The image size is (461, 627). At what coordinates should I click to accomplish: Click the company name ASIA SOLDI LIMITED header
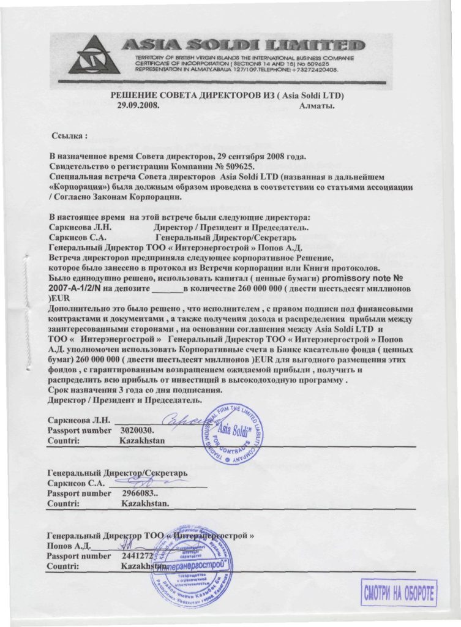243,45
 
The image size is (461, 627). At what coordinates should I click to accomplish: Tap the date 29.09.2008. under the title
138,105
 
